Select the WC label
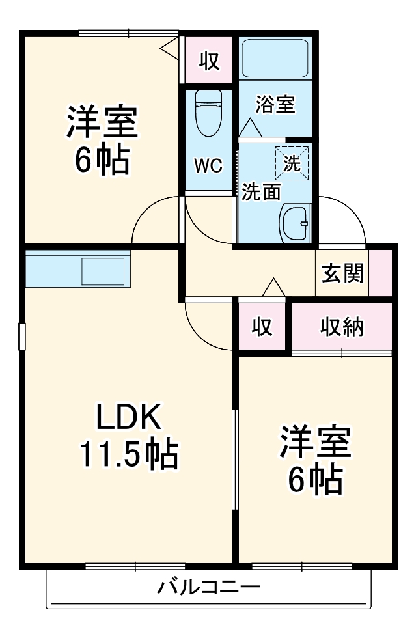coord(208,165)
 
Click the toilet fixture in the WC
coord(208,113)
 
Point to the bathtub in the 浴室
coord(275,59)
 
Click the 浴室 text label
coord(275,104)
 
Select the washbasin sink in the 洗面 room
coord(295,223)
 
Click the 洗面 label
coord(262,192)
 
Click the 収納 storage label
coord(341,327)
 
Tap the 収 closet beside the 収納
coord(262,327)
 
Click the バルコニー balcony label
coord(209,588)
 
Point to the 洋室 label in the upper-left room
coord(102,123)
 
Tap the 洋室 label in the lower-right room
coord(316,443)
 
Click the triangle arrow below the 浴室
coord(249,128)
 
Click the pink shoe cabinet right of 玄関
coord(380,273)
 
